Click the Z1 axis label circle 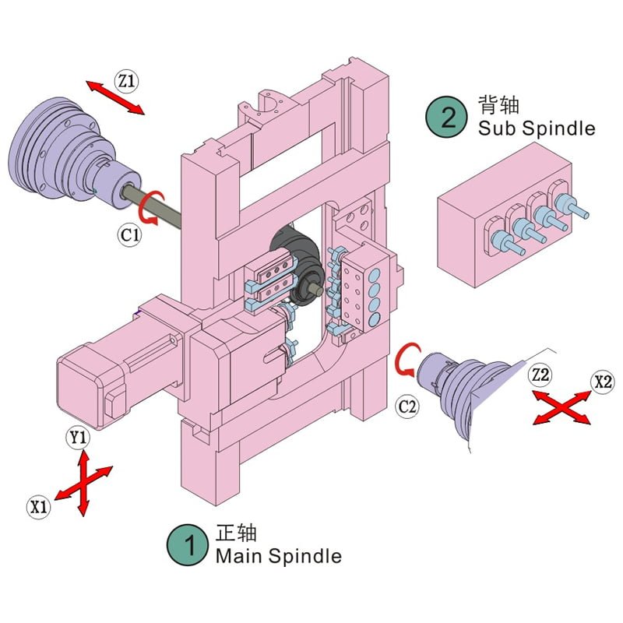coord(126,80)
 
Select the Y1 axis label coord(78,438)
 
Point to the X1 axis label coord(39,507)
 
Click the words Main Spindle coord(278,556)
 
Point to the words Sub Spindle coord(537,128)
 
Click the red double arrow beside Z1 coord(114,97)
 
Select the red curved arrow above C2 coord(407,362)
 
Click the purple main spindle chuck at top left coord(62,152)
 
